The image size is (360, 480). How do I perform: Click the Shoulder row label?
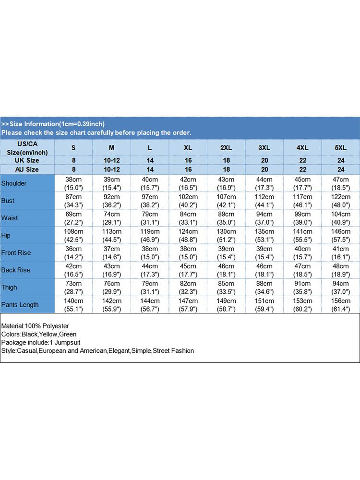pyautogui.click(x=14, y=183)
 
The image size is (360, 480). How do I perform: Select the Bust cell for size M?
pyautogui.click(x=111, y=201)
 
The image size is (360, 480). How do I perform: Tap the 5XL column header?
pyautogui.click(x=341, y=147)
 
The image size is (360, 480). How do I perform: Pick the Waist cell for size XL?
pyautogui.click(x=188, y=218)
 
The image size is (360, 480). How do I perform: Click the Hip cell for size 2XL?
pyautogui.click(x=226, y=235)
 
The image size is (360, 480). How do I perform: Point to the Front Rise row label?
pyautogui.click(x=16, y=252)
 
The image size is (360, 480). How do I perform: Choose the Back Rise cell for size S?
pyautogui.click(x=73, y=270)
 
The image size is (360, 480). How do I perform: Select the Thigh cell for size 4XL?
pyautogui.click(x=302, y=287)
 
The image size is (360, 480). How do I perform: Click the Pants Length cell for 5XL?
pyautogui.click(x=341, y=304)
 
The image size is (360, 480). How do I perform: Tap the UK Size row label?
pyautogui.click(x=27, y=160)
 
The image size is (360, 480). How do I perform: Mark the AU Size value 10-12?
pyautogui.click(x=111, y=169)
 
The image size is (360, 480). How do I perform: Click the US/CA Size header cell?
pyautogui.click(x=27, y=147)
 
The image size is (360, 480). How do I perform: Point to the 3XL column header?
pyautogui.click(x=264, y=147)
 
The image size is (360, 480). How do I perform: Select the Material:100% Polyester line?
pyautogui.click(x=35, y=326)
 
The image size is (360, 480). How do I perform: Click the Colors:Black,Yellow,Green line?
pyautogui.click(x=39, y=334)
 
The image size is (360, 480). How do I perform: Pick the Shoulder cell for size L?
pyautogui.click(x=150, y=183)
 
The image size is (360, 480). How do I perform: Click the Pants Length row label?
pyautogui.click(x=20, y=304)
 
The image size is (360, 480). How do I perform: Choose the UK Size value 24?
pyautogui.click(x=341, y=160)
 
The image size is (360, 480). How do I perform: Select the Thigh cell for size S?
pyautogui.click(x=73, y=287)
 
